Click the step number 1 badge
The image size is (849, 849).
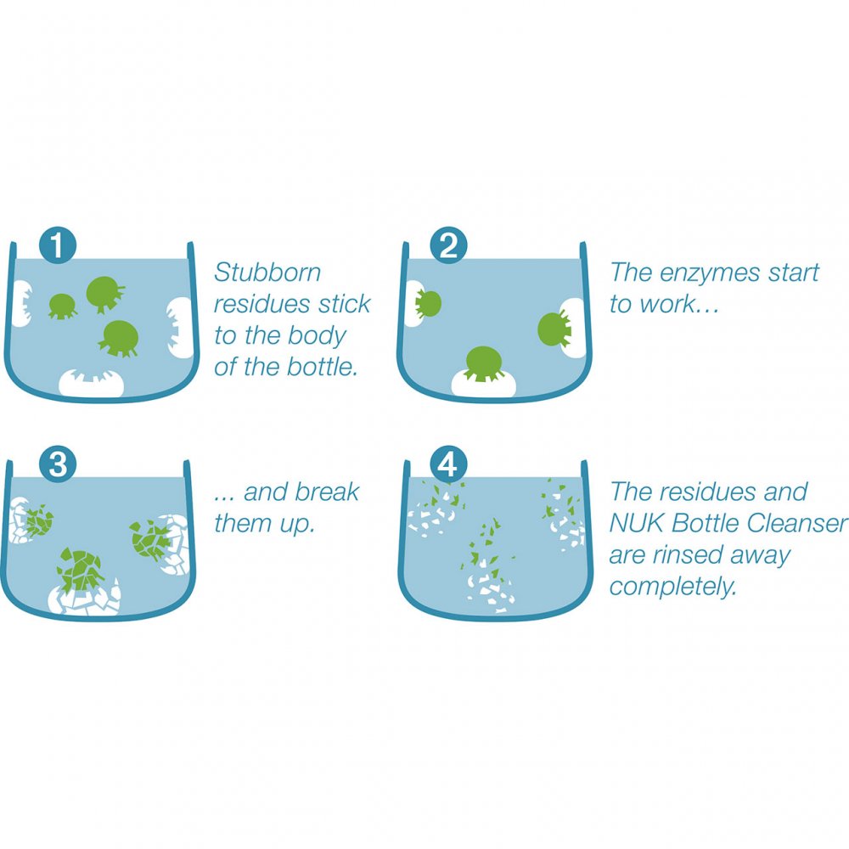57,247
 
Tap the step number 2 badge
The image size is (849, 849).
448,247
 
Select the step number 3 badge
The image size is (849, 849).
57,465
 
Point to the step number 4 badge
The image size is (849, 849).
448,465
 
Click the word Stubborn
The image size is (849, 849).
267,273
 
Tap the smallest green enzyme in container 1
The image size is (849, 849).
62,305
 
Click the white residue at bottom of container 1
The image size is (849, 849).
91,383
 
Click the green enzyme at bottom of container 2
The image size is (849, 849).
482,363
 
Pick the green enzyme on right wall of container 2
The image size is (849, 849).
554,329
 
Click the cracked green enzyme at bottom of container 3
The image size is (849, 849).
82,569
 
